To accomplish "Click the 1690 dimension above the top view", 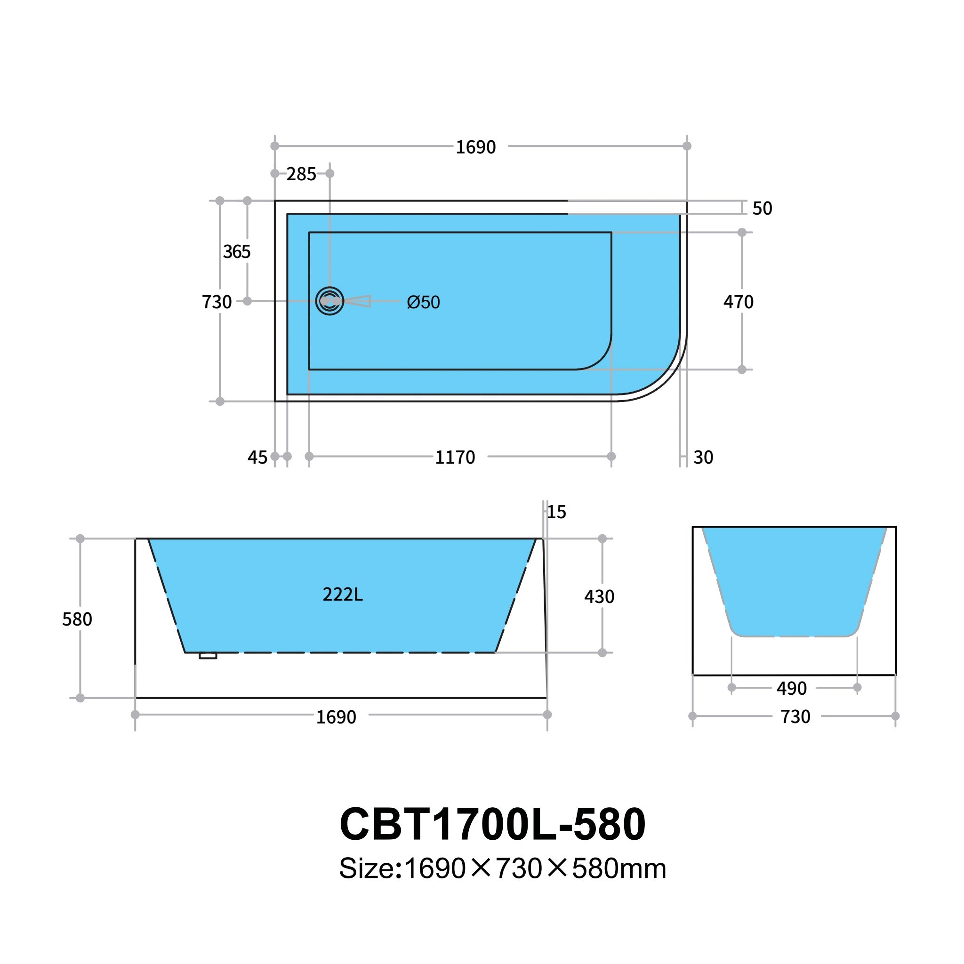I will (475, 147).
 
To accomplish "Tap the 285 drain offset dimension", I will (301, 174).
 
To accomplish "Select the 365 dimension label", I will (236, 252).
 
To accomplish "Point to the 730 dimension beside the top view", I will (217, 302).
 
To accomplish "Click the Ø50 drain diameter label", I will (423, 302).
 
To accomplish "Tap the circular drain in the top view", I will (329, 301).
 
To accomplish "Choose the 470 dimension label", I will (739, 302).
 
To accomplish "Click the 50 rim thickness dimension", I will (762, 208).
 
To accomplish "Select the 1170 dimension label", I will (455, 457).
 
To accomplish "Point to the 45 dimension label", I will (257, 457).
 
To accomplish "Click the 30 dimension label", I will (703, 457).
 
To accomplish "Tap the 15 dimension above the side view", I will (556, 512).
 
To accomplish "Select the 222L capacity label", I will (343, 594).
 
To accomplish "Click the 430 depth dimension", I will (599, 596).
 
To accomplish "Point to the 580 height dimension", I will (77, 619).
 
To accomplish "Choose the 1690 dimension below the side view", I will (336, 717).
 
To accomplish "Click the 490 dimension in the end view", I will (791, 689).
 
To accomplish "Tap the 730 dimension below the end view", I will (795, 717).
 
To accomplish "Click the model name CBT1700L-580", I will (492, 824).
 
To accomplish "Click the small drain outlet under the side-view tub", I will (208, 656).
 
